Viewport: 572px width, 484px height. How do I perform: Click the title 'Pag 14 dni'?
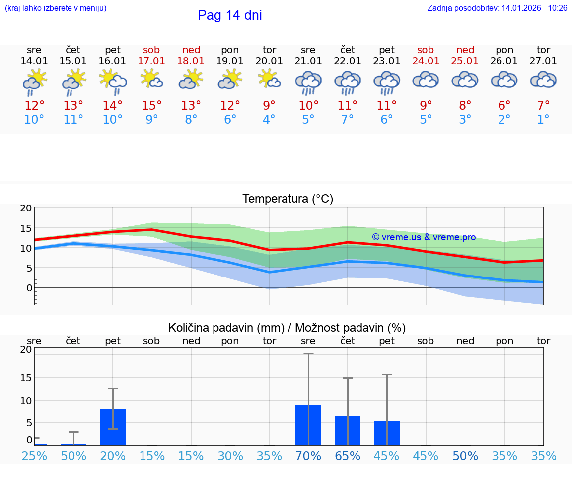[x=229, y=15]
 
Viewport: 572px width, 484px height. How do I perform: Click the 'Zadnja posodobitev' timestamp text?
[x=497, y=8]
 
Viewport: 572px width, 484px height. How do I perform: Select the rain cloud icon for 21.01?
[x=308, y=82]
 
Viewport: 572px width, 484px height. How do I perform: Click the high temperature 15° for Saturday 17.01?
[x=152, y=106]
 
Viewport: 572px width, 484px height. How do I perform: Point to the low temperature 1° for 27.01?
[x=543, y=120]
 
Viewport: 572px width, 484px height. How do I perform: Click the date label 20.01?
[x=269, y=61]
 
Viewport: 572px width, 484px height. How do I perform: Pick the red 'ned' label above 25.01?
[x=465, y=50]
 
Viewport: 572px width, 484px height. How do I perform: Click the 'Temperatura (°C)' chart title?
[x=287, y=199]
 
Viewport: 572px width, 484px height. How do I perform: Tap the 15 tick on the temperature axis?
[x=26, y=228]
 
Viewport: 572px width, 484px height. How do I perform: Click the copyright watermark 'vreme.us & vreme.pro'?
[x=424, y=237]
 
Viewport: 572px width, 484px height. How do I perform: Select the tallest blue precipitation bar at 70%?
[x=308, y=425]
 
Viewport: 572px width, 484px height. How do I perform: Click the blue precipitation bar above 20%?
[x=113, y=426]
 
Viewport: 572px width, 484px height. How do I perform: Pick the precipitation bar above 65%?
[x=348, y=430]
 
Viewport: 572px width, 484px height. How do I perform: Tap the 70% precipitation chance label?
[x=308, y=456]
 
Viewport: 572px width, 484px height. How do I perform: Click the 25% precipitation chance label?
[x=34, y=456]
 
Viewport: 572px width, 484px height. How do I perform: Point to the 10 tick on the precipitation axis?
[x=26, y=401]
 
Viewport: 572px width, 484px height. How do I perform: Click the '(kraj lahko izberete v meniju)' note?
[x=56, y=8]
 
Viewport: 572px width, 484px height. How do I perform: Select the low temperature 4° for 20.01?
[x=269, y=120]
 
